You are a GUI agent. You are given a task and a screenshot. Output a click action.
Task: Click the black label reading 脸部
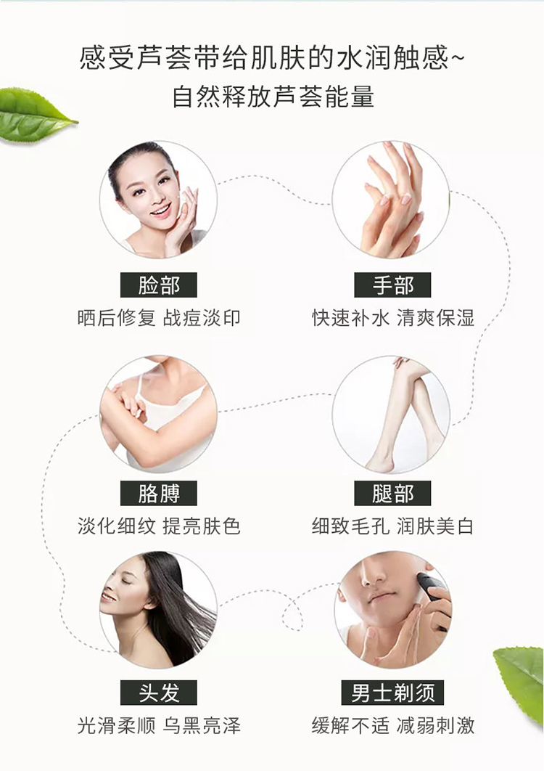159,285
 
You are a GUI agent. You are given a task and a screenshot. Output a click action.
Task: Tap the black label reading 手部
392,285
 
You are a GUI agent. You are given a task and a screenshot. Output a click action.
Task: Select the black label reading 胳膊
159,493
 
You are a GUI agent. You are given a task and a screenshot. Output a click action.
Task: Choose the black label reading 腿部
392,493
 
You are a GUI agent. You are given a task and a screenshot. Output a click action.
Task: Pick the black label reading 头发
159,693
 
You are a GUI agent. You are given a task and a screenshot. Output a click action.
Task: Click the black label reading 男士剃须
392,693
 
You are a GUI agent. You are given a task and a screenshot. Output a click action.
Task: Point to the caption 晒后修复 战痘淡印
159,318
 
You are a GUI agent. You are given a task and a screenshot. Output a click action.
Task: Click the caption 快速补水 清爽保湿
392,318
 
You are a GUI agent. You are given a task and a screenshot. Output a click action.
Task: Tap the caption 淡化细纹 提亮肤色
159,526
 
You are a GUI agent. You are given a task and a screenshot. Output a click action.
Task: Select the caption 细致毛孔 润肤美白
392,526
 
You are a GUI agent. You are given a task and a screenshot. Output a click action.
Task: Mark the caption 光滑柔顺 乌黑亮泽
159,725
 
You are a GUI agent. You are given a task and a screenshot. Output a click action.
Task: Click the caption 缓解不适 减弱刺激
392,725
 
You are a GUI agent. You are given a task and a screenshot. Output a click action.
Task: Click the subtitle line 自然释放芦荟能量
273,97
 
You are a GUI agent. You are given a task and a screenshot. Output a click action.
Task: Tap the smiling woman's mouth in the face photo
161,211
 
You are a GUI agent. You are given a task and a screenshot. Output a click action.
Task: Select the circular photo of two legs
391,414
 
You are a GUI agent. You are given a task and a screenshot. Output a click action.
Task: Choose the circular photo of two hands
391,199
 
